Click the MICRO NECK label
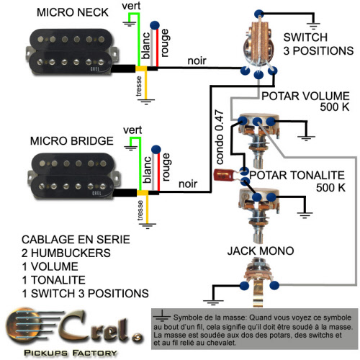click(73, 12)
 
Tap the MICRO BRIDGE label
click(72, 141)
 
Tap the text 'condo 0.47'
click(220, 137)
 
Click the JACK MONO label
click(261, 251)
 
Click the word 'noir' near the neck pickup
click(197, 60)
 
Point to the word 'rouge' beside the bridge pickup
click(166, 167)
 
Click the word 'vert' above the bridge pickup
click(132, 130)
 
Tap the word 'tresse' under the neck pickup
click(139, 86)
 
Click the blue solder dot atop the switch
click(259, 14)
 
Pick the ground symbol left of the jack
click(213, 302)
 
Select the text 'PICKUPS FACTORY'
click(71, 353)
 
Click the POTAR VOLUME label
click(305, 96)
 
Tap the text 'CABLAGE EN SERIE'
click(76, 240)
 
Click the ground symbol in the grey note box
click(162, 316)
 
